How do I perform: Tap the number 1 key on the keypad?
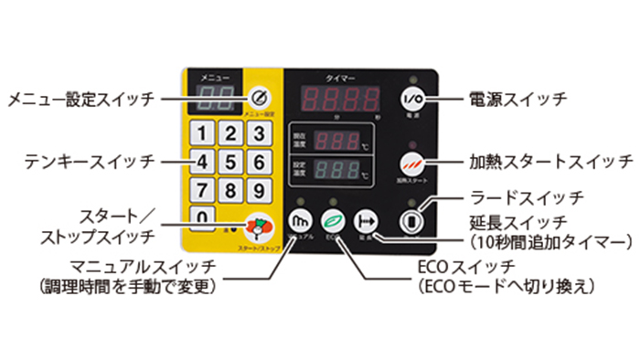coord(206,134)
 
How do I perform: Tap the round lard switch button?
coord(412,221)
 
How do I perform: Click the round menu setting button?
coord(260,98)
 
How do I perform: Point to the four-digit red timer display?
coord(343,99)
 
